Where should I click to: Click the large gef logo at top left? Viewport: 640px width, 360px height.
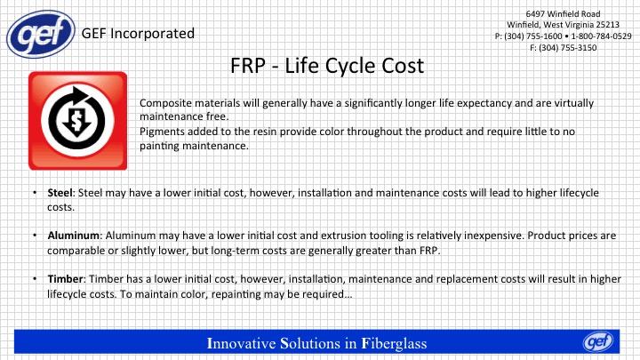[41, 35]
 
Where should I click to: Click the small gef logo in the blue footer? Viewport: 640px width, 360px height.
[598, 341]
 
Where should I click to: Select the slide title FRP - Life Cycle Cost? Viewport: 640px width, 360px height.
[327, 66]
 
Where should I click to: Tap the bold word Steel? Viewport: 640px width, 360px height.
[60, 193]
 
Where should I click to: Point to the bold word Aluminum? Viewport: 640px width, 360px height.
[73, 236]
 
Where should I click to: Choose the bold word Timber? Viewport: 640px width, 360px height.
[65, 279]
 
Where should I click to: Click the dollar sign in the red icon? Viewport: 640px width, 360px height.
[76, 121]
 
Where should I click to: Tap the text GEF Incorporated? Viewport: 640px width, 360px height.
[138, 34]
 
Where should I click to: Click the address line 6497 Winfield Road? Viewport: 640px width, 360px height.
[563, 14]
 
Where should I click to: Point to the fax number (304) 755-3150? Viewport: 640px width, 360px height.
[568, 48]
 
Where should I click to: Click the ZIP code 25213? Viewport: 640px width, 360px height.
[607, 25]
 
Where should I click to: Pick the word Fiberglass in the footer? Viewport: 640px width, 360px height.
[395, 343]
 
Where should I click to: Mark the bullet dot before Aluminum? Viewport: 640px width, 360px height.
[35, 235]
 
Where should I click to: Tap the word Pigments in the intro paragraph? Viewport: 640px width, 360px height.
[160, 132]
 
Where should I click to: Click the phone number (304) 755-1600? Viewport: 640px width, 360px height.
[533, 36]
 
